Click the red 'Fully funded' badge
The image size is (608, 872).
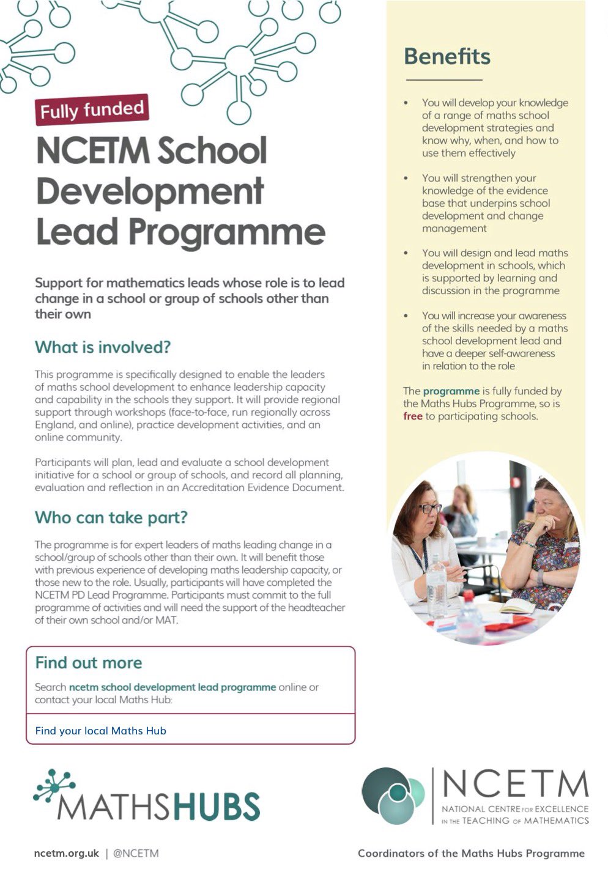pos(92,110)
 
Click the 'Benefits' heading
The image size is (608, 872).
pos(447,56)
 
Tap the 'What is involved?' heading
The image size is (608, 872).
pos(102,347)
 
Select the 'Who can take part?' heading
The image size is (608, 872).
pos(111,517)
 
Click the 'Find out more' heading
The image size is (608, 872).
pos(88,663)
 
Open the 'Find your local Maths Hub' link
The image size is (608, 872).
pos(100,731)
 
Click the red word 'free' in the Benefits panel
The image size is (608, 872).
pos(413,416)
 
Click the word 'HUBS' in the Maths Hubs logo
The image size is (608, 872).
pos(217,806)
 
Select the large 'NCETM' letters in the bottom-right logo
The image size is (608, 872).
pos(514,785)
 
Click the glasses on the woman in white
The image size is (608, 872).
pos(431,508)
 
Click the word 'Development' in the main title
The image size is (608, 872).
pos(150,191)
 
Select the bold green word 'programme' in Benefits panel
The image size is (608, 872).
pos(451,391)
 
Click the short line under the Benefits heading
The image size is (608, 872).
pos(443,80)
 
